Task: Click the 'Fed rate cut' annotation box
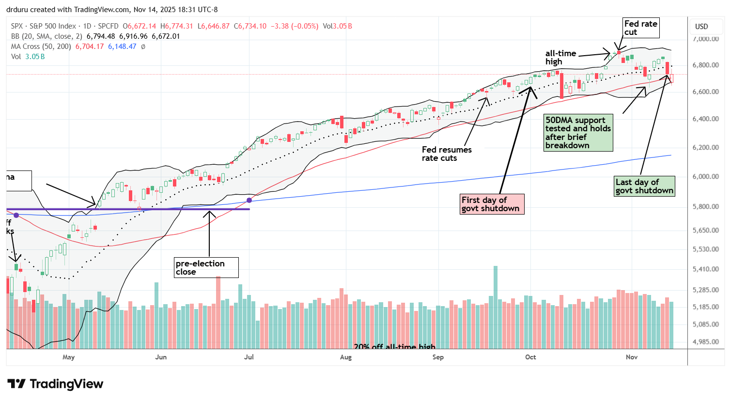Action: [640, 28]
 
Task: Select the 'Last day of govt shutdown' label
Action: [644, 186]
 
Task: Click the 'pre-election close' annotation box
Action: [206, 267]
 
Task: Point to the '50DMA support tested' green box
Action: [577, 133]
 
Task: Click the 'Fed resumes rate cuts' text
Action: [446, 154]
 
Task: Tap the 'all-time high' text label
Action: [560, 57]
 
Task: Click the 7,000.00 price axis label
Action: [705, 39]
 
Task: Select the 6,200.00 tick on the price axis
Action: [705, 147]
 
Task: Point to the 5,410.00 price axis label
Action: [705, 269]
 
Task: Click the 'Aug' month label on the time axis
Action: [346, 357]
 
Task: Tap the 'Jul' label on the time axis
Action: [249, 357]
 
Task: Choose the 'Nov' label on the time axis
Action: [632, 357]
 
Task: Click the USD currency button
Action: [701, 27]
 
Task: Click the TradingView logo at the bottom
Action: [55, 384]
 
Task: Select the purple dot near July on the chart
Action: [249, 200]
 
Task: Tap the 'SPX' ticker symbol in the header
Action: [17, 26]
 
